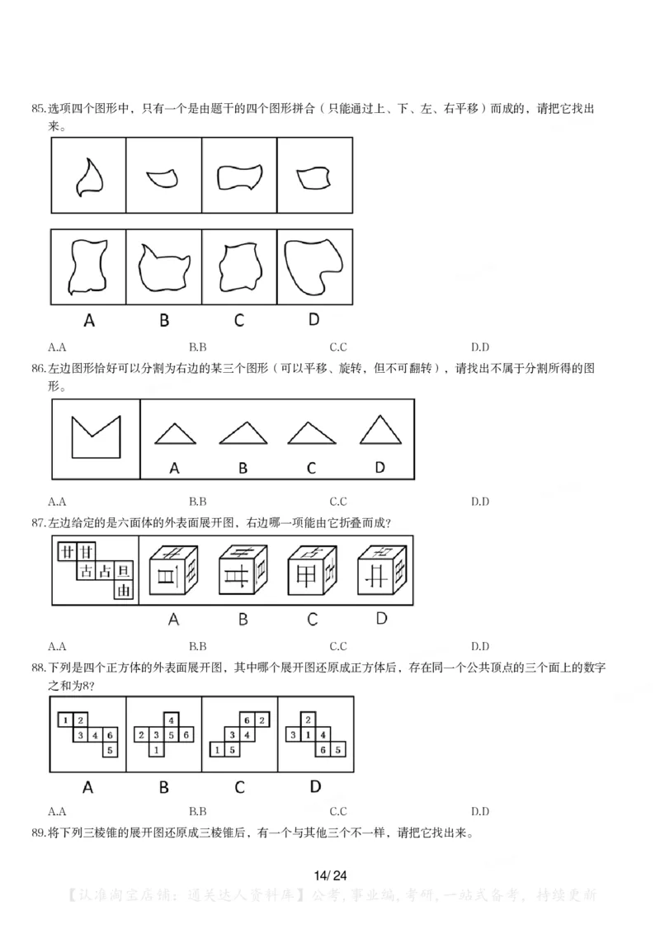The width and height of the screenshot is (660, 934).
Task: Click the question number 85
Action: (39, 108)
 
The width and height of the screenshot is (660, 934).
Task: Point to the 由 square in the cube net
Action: (124, 591)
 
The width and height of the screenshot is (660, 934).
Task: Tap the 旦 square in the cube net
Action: (124, 570)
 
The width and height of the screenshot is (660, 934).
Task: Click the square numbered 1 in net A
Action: (65, 720)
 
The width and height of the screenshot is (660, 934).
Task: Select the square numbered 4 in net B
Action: (172, 720)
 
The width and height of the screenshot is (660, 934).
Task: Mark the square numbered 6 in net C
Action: (247, 720)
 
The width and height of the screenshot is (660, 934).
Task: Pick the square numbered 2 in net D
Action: (307, 720)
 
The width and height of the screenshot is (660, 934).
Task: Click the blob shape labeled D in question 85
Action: (313, 267)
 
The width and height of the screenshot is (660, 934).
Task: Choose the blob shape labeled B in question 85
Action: (163, 268)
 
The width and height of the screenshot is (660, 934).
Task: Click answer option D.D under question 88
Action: (479, 811)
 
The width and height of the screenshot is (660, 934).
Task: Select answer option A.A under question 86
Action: (57, 501)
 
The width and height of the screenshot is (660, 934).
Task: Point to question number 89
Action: (39, 833)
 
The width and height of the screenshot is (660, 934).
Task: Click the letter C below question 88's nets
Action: (239, 786)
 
